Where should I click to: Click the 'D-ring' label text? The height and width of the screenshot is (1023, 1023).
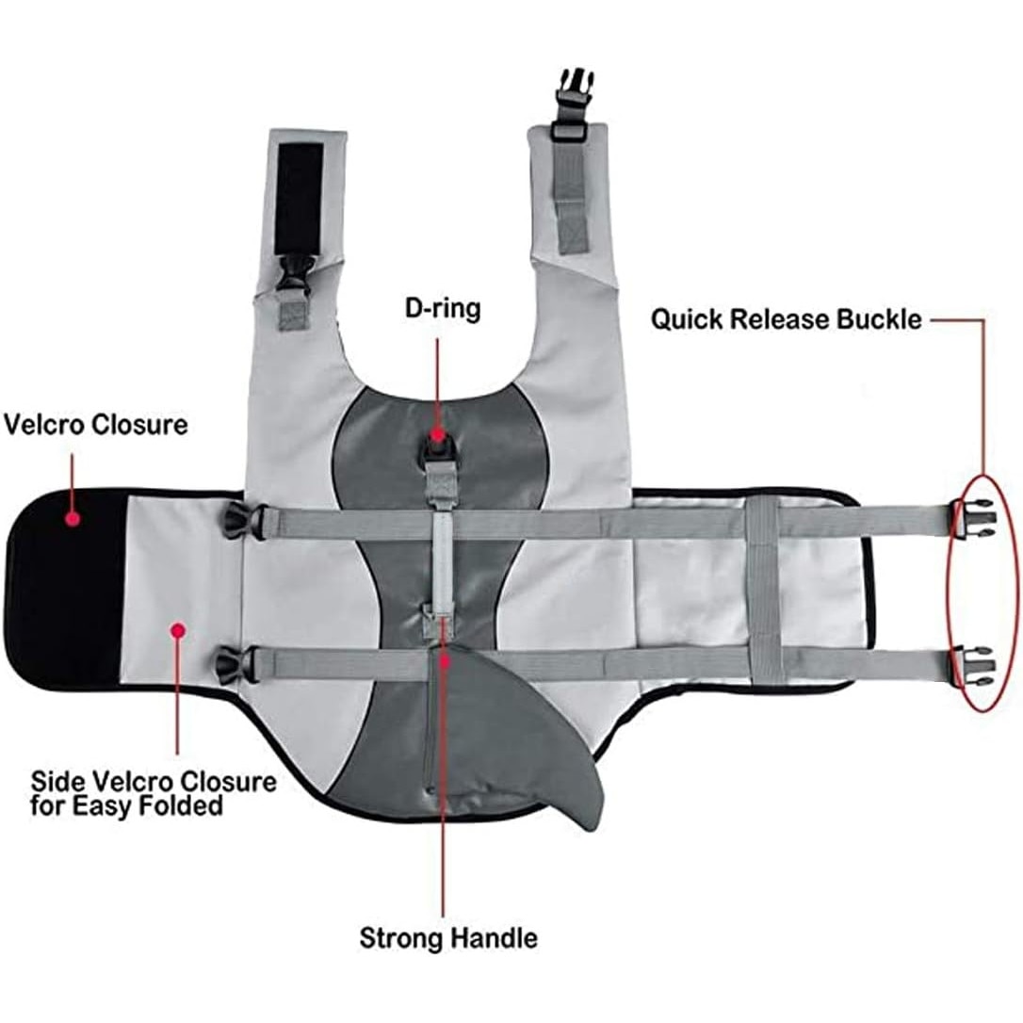(438, 308)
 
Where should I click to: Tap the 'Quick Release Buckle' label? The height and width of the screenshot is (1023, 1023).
(786, 319)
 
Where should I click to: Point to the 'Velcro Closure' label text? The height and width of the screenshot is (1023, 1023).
(95, 424)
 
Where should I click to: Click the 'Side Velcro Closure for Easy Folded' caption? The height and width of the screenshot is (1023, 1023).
(154, 793)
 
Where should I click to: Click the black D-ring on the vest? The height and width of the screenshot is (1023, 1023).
(438, 438)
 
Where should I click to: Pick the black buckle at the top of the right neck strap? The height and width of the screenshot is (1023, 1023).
(567, 90)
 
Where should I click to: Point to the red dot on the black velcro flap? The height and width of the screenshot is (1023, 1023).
(72, 515)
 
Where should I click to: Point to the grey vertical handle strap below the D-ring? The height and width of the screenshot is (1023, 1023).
(439, 556)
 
